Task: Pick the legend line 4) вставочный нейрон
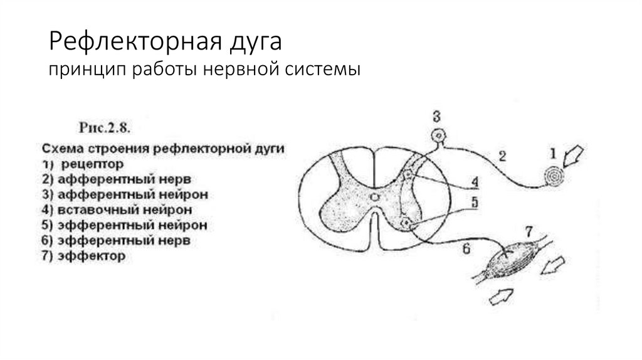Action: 116,209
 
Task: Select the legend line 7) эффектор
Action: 83,256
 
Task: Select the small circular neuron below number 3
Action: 437,135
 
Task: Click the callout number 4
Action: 475,183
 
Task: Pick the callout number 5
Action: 475,203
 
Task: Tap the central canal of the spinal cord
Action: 374,198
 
